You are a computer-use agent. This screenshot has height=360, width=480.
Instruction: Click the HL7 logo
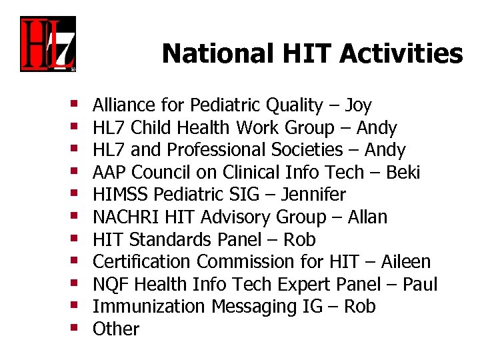[x=47, y=44]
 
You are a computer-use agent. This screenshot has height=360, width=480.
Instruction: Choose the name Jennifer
[x=313, y=195]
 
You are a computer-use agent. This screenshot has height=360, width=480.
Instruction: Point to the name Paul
[x=419, y=285]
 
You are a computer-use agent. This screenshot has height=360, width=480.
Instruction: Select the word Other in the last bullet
[x=116, y=329]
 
